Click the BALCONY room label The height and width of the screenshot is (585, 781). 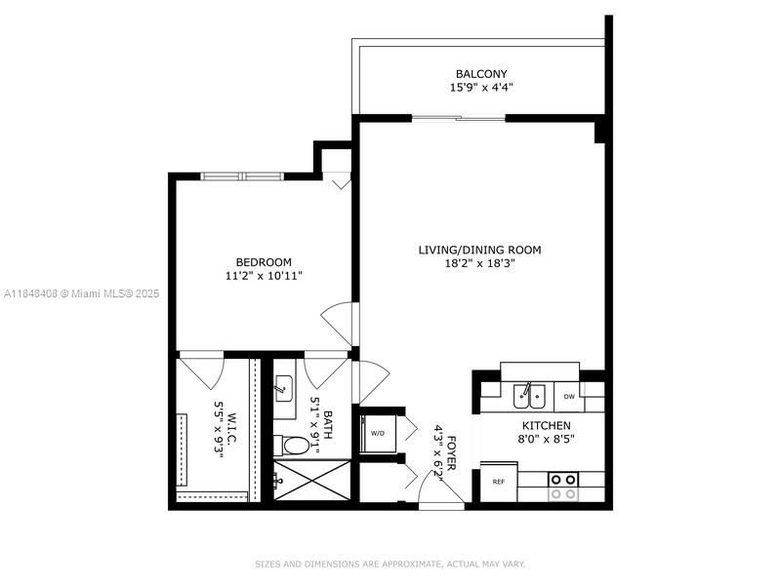pos(481,74)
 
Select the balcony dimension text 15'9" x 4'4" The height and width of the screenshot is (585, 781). pos(481,88)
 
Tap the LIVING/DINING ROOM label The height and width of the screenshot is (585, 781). pos(479,250)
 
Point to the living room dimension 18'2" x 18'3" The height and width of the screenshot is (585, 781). pos(479,263)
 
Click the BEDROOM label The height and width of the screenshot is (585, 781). pos(264,261)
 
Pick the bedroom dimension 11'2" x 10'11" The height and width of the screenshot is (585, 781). pos(264,275)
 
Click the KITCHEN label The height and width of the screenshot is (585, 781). pos(547,426)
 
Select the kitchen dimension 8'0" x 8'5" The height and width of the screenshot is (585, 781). pos(547,440)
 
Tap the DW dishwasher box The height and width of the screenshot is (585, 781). pos(569,397)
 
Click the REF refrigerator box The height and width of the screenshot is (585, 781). pos(498,482)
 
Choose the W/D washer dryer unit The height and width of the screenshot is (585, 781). pos(376,433)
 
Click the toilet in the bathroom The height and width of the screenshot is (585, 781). pos(291,446)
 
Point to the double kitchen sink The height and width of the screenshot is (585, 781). pos(529,396)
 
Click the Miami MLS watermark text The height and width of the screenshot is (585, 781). pos(82,293)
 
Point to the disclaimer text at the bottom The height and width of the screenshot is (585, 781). pos(390,564)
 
